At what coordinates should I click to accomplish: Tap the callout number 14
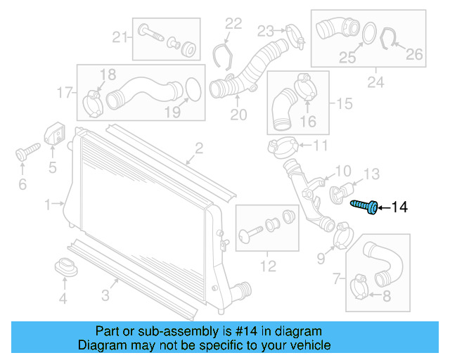399,207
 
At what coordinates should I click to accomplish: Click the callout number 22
233,25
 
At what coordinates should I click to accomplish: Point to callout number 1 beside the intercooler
47,205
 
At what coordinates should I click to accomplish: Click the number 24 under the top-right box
375,84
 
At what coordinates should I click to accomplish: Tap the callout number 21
120,37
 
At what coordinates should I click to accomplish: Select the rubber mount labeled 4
65,267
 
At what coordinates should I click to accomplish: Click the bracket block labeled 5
55,135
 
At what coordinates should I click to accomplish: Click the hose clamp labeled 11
281,147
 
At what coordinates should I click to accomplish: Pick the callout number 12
267,265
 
